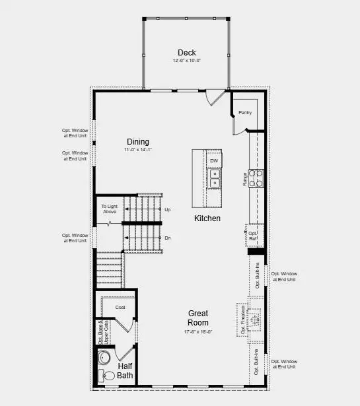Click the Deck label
186,53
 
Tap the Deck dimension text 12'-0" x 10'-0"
186,61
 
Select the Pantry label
245,113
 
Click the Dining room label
137,141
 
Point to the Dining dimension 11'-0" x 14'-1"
137,150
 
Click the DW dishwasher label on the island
214,160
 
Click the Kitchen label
207,219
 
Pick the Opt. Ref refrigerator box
255,234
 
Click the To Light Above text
109,209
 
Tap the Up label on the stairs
168,209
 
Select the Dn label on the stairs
168,237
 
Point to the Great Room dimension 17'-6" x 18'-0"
199,332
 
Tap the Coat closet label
120,307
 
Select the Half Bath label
126,370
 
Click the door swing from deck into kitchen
214,98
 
